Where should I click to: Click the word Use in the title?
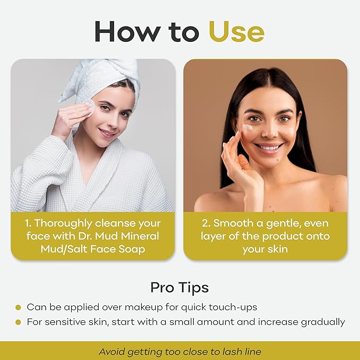(x=236, y=31)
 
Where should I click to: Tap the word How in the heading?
(x=128, y=31)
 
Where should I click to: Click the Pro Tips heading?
(x=180, y=287)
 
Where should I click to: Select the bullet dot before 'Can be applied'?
(x=18, y=308)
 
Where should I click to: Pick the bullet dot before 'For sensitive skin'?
(x=18, y=322)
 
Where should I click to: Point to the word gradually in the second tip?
(x=323, y=322)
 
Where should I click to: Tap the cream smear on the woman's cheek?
(x=248, y=127)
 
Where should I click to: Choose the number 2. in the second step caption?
(x=206, y=223)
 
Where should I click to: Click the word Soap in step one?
(x=131, y=249)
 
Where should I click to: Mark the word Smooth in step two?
(x=233, y=223)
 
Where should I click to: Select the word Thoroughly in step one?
(x=63, y=224)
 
